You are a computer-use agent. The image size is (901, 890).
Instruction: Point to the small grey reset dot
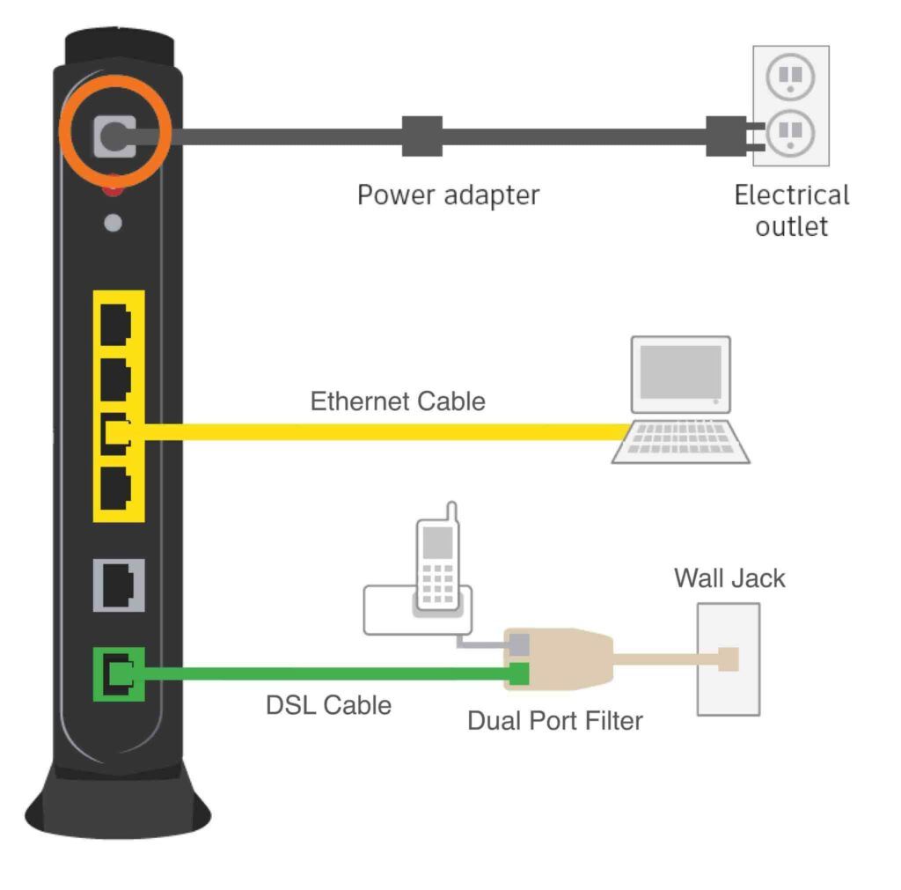point(113,222)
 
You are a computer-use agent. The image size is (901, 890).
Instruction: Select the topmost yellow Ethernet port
point(115,324)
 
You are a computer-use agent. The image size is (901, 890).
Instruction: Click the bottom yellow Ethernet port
point(115,489)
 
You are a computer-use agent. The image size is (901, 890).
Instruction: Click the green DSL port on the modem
point(119,673)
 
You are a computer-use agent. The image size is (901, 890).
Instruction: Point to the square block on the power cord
point(421,136)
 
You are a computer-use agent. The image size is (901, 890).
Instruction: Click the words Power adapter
point(448,195)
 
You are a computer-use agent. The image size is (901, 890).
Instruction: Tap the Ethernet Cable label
point(398,402)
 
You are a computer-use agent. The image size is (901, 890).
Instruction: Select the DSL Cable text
point(328,705)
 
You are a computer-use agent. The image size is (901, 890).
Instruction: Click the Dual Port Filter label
point(554,721)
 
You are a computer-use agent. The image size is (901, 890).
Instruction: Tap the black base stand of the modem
point(119,801)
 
